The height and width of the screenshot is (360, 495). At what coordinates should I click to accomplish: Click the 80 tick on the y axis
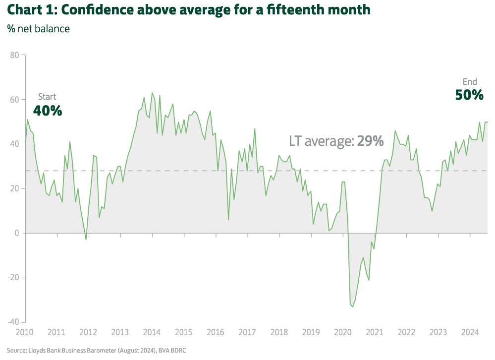tap(14, 55)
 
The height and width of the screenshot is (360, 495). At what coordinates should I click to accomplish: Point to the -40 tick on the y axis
tap(12, 322)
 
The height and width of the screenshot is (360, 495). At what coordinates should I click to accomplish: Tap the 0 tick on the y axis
tap(16, 233)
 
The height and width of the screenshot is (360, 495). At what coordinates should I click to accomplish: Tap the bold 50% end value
tap(469, 95)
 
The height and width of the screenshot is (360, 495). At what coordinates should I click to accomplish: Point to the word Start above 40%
tap(47, 97)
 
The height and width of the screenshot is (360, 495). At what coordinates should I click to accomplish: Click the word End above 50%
tap(470, 82)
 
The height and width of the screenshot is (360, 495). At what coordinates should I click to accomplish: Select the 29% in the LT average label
tap(370, 141)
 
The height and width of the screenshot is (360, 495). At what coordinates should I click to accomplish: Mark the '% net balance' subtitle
tap(38, 29)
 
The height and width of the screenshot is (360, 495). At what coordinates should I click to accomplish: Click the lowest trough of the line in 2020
tap(353, 306)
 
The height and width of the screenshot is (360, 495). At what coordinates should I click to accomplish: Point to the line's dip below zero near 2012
tap(86, 240)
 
